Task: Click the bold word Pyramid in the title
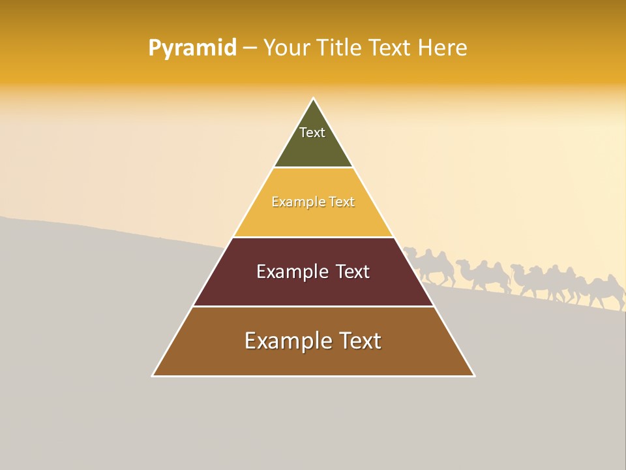click(192, 48)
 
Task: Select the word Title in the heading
click(341, 48)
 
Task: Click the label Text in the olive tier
click(312, 133)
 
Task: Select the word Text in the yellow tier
click(342, 202)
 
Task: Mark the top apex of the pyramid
click(314, 99)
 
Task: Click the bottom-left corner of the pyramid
click(153, 375)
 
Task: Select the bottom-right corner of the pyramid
click(474, 375)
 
